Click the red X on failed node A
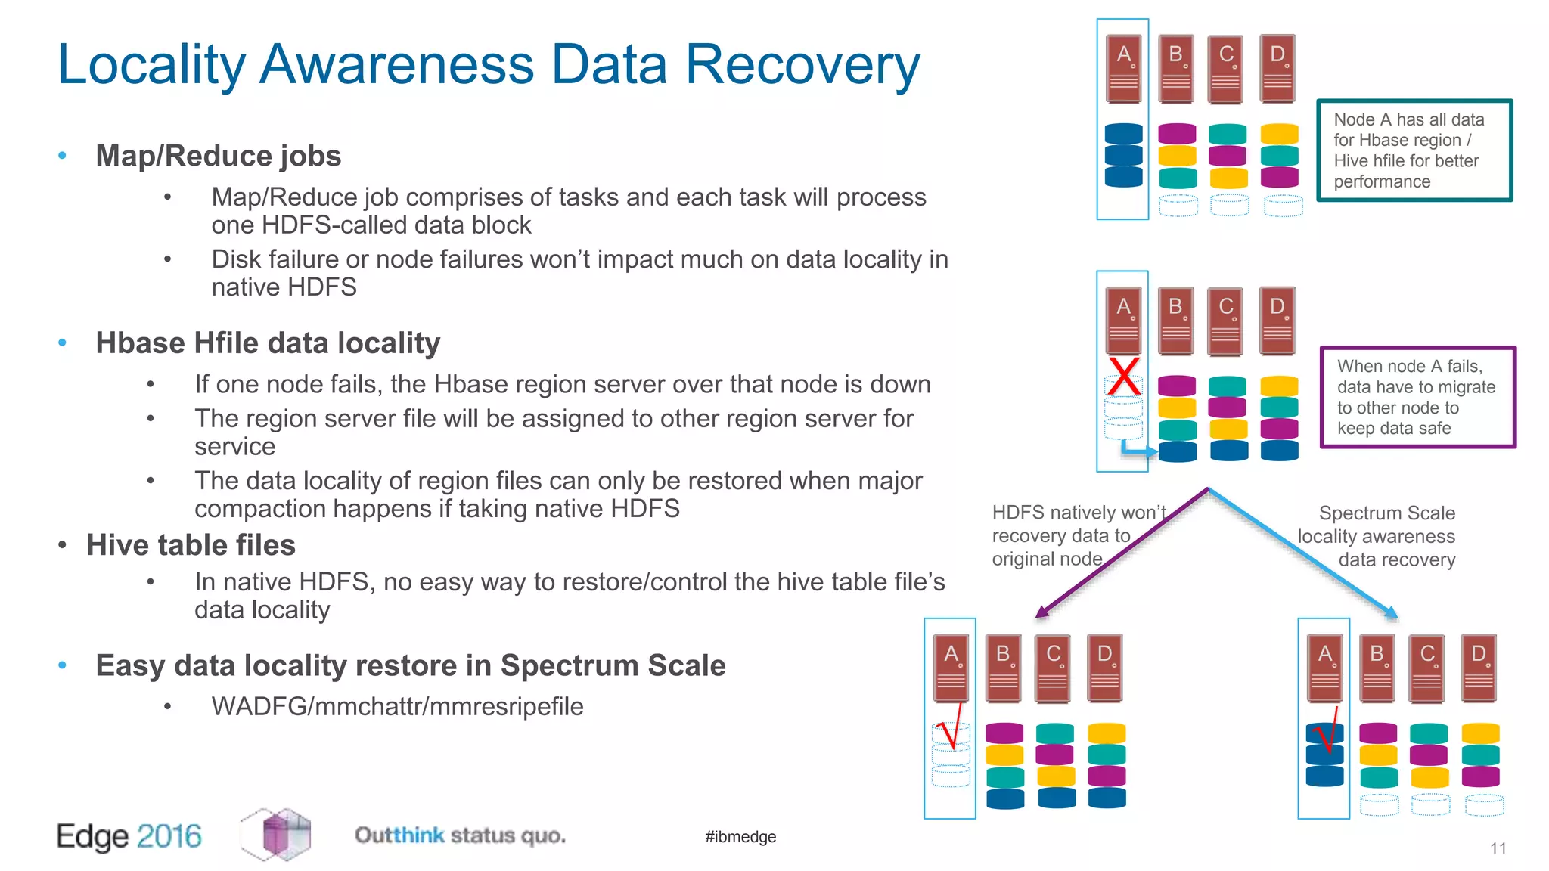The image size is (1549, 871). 1124,376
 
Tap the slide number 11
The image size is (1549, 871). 1498,848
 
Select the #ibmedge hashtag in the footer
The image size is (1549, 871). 740,836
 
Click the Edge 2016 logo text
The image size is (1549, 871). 129,836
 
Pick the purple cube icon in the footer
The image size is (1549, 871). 278,835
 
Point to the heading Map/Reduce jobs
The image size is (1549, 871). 218,156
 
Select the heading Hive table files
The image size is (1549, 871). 191,545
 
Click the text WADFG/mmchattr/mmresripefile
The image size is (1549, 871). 397,706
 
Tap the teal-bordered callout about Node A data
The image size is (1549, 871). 1414,150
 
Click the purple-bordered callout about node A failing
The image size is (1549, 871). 1417,397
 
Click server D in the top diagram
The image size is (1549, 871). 1277,68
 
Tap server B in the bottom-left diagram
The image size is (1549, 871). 1004,668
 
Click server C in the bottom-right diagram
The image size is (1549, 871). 1427,668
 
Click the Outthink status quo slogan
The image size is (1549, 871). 460,835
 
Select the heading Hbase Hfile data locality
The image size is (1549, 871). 268,343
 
